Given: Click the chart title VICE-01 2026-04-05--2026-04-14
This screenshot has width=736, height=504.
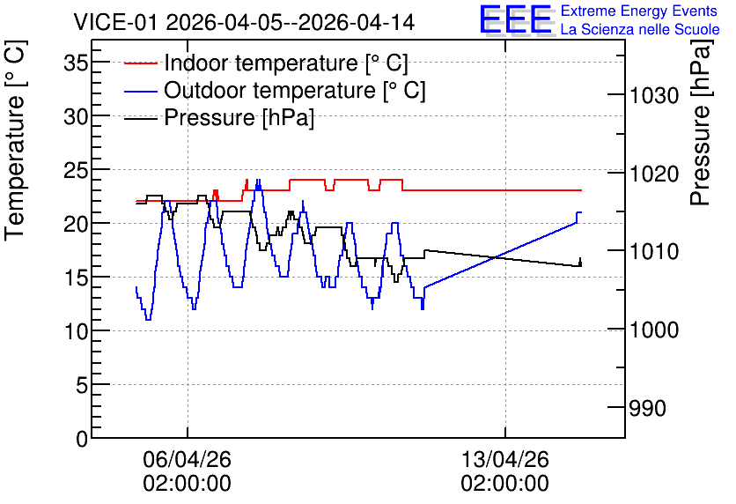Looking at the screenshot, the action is (244, 22).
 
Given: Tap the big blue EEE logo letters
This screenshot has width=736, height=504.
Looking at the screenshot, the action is (515, 19).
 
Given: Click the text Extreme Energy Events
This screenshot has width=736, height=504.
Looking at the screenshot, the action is (639, 11).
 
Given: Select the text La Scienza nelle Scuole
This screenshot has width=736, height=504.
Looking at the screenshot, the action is (640, 29).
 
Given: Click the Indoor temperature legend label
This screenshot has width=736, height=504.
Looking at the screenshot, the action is (286, 63).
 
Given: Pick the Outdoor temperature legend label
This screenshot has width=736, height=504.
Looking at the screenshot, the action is (295, 90).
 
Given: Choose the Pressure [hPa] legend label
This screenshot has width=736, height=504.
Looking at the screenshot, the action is (239, 117).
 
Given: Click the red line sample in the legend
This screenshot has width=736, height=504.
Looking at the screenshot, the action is (140, 63).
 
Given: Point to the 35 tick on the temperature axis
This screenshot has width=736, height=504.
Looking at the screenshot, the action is (76, 62).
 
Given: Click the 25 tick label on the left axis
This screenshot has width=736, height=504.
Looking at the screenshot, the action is (76, 169).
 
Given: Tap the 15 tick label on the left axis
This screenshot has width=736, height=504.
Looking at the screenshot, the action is (76, 278).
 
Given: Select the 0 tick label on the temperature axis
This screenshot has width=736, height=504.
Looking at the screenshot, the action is (82, 439).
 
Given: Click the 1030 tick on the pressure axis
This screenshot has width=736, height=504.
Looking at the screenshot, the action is (654, 96).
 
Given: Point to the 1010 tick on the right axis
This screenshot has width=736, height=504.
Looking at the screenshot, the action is (654, 252).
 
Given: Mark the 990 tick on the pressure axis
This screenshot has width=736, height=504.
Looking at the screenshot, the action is (647, 408).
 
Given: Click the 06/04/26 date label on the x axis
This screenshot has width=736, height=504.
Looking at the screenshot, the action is (188, 459).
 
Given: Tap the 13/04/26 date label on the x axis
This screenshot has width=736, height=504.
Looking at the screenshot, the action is (505, 459).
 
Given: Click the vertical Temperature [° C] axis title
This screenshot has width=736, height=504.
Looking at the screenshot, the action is (15, 141).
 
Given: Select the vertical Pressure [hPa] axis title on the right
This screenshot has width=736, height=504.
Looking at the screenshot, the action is (701, 122).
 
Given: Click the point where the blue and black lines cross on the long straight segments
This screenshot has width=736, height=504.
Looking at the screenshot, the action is (496, 257).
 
